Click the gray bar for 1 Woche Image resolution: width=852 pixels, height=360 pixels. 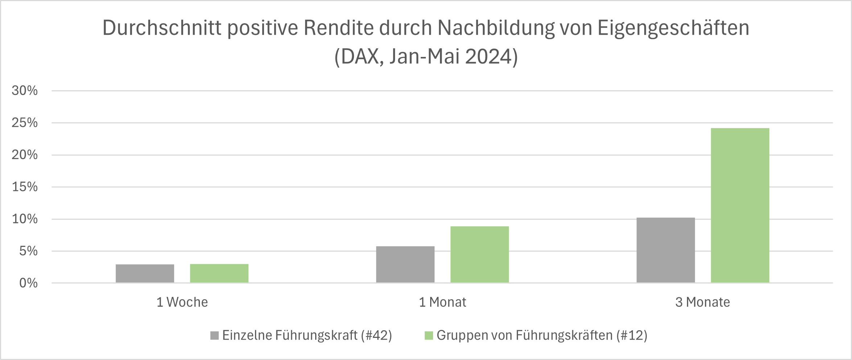point(145,273)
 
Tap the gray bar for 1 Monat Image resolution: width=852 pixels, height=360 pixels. point(405,264)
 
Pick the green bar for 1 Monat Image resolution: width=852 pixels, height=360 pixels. point(479,254)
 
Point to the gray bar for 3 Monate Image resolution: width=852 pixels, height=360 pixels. point(666,250)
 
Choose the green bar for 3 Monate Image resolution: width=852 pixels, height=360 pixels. point(740,205)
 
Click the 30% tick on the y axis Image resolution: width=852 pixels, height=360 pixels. point(25,91)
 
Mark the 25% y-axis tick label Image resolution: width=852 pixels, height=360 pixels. point(25,123)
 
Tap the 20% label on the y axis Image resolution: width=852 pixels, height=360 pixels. point(25,155)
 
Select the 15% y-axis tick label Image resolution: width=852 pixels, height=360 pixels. point(25,187)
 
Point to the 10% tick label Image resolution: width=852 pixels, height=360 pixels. point(25,219)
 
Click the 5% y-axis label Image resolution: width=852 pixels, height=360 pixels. point(28,251)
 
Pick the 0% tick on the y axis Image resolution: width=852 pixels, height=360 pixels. point(28,283)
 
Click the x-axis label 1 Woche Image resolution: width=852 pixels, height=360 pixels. point(182,302)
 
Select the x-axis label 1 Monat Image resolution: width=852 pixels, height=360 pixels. point(443,302)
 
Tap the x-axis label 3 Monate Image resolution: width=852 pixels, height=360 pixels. point(703,302)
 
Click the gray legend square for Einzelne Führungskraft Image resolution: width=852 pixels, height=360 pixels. point(214,335)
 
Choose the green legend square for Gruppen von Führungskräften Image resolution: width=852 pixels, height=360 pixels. point(429,335)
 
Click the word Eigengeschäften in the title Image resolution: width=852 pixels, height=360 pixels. point(673,28)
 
